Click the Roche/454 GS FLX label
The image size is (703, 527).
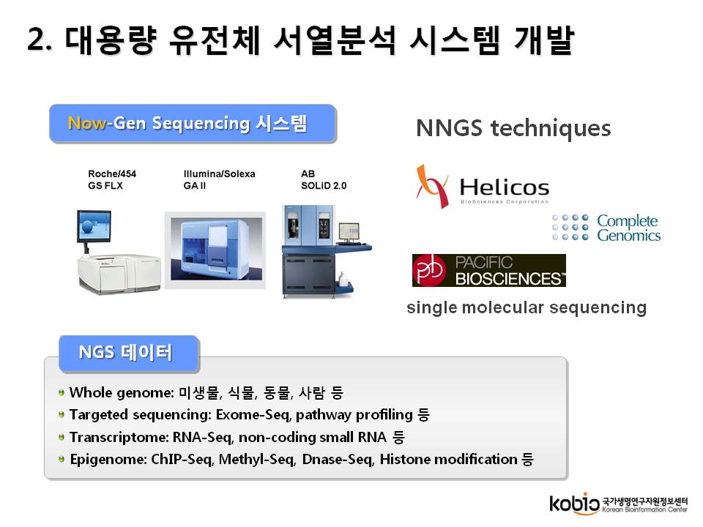(112, 180)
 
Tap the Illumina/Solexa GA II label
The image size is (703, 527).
(219, 180)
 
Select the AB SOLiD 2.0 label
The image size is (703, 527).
(324, 180)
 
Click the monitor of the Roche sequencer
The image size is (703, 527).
(94, 227)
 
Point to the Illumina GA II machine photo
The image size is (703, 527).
(215, 250)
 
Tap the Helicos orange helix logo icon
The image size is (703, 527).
(433, 187)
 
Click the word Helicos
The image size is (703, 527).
(505, 187)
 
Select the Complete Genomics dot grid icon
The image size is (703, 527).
(570, 227)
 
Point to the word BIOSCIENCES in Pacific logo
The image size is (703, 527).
(508, 279)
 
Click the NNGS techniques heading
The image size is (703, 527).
(513, 128)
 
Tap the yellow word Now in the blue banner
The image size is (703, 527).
(87, 123)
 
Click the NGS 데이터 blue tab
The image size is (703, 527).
(129, 354)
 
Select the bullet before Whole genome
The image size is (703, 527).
(62, 392)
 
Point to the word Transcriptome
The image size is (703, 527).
(119, 437)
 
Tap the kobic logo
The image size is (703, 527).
(575, 504)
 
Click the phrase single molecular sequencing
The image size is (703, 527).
(527, 308)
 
